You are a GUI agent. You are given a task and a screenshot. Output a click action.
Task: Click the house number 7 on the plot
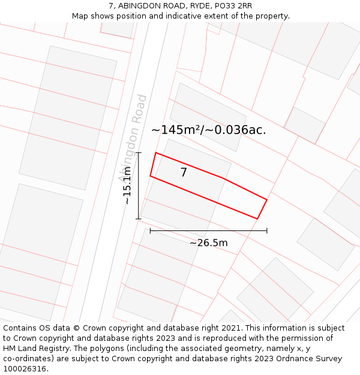[184, 173]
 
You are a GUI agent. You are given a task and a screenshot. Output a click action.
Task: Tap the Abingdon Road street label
[133, 137]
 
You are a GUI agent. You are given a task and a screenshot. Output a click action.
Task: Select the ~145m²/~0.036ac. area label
[208, 130]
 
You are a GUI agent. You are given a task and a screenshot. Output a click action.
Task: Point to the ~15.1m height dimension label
[128, 186]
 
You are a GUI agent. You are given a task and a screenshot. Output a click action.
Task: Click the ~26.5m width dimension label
[208, 243]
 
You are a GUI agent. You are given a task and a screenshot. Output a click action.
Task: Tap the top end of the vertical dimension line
[139, 153]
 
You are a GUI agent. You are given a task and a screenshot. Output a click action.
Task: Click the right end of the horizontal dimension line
[267, 230]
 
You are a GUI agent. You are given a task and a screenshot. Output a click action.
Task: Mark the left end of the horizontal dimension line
[150, 230]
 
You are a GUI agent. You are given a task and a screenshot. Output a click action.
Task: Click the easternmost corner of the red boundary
[267, 199]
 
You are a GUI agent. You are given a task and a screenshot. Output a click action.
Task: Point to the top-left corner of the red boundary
[156, 152]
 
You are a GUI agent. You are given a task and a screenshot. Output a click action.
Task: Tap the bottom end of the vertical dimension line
[139, 218]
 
